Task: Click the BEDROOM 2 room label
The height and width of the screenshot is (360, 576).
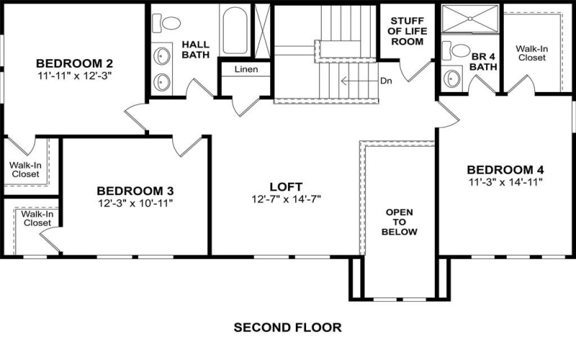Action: click(73, 62)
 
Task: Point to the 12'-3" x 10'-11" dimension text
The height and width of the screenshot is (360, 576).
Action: click(135, 204)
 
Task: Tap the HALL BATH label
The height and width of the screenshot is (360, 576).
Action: click(195, 49)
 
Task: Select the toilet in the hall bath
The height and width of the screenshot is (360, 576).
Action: click(169, 22)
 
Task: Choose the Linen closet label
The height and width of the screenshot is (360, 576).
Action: click(246, 70)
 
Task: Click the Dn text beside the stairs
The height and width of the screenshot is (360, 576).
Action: click(386, 81)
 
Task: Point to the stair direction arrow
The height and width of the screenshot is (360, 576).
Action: click(356, 81)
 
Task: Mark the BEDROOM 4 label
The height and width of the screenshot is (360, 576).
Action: click(503, 170)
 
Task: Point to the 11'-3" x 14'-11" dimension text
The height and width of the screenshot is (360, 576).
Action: click(503, 182)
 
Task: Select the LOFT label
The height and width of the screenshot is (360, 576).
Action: click(286, 186)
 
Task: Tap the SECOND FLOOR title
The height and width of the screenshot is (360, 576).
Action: click(287, 328)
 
